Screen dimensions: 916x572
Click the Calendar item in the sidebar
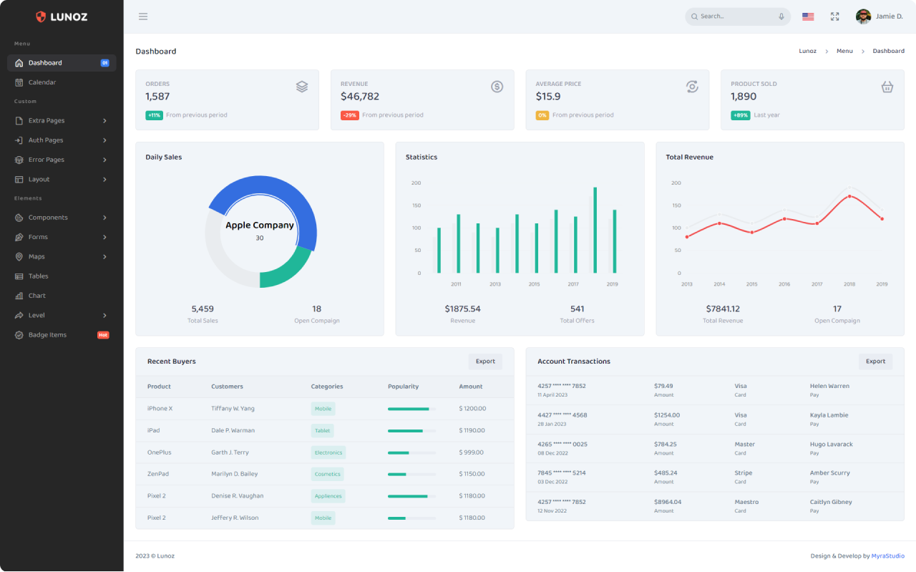42,82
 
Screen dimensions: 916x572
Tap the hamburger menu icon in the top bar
142,16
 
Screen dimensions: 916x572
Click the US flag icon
808,16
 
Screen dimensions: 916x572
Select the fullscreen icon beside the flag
834,16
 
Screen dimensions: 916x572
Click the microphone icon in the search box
781,16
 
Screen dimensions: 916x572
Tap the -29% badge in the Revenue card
350,115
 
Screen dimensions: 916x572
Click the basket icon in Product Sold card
887,87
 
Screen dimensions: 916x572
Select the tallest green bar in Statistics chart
595,230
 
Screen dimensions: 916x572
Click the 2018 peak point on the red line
849,196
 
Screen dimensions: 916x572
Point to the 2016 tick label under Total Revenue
784,284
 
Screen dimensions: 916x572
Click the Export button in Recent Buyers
485,362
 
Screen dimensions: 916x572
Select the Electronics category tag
328,452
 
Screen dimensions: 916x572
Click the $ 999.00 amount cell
471,452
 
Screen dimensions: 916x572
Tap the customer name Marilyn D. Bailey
234,474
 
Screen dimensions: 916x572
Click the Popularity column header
403,387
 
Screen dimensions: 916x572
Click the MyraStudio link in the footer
888,556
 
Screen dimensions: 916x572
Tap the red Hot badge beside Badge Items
103,335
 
